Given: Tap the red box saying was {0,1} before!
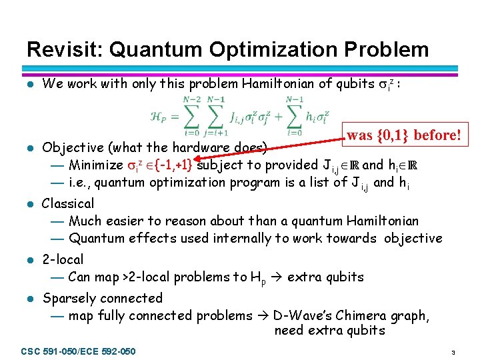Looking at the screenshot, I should click(403, 135).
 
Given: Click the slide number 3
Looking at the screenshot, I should click(453, 351).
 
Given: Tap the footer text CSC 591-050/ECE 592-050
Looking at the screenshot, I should click(79, 351).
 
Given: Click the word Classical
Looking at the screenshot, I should click(68, 203).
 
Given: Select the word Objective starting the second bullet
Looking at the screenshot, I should click(71, 147).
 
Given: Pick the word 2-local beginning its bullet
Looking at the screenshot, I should click(63, 259).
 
